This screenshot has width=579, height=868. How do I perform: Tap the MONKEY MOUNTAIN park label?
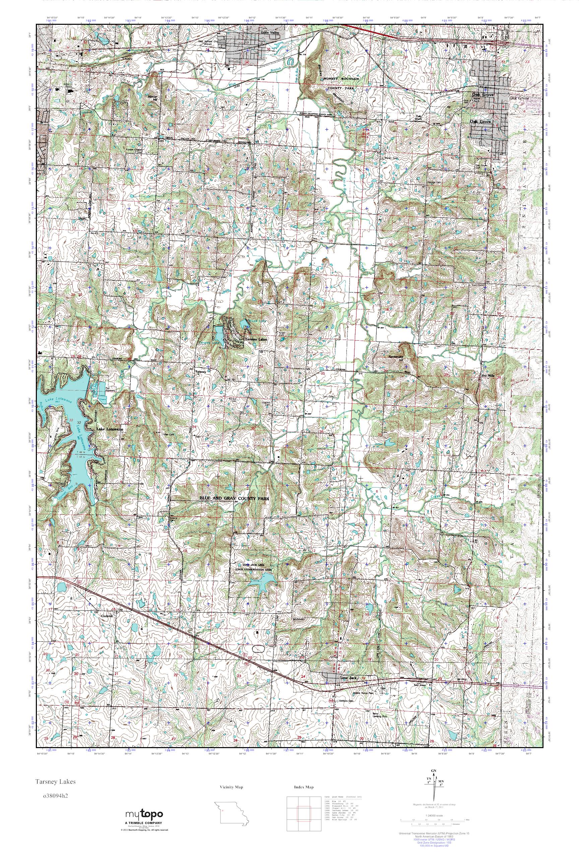click(x=341, y=79)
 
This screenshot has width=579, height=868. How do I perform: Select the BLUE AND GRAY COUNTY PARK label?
click(x=235, y=498)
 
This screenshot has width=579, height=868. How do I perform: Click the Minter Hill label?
click(x=152, y=97)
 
